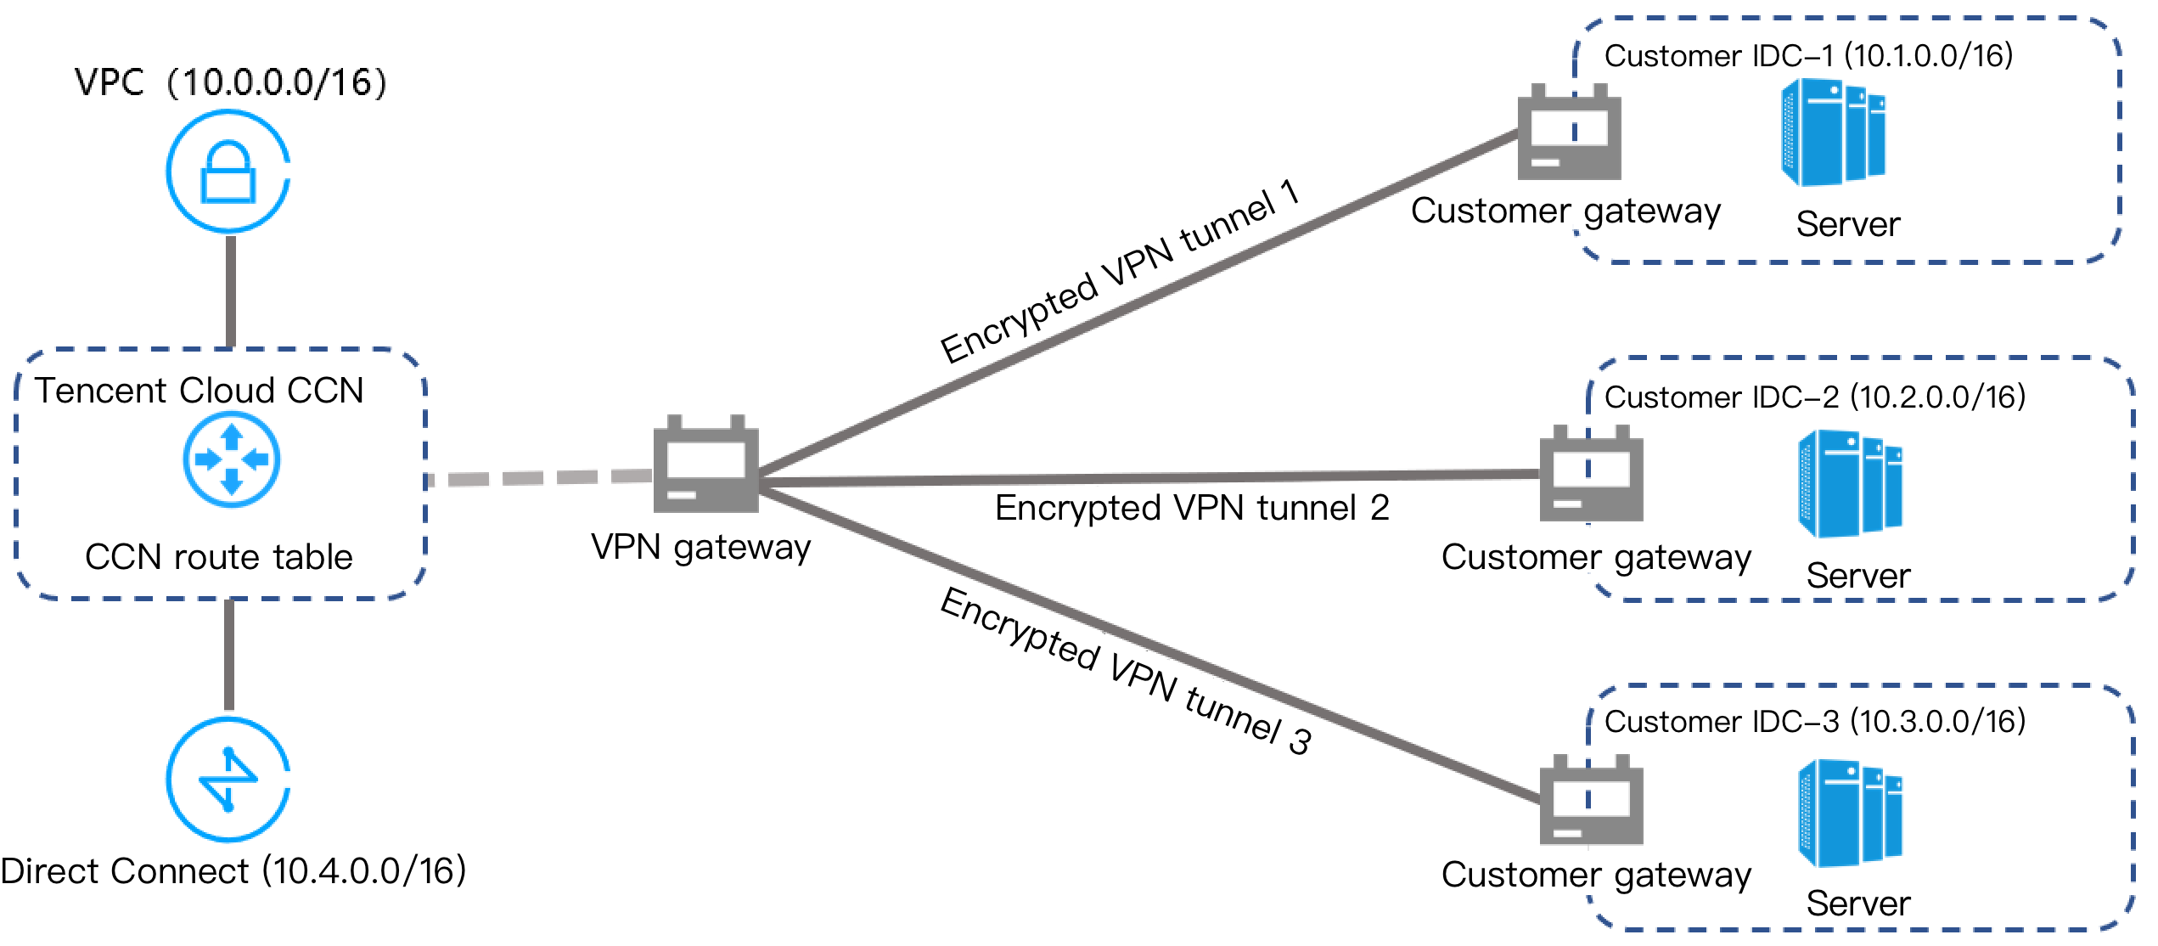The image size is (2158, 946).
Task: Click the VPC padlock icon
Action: [x=228, y=172]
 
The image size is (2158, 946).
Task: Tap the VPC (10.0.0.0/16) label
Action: [x=231, y=82]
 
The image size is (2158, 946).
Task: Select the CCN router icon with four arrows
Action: [x=231, y=459]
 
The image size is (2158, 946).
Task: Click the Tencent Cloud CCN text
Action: [x=200, y=391]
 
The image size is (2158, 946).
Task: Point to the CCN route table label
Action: [x=219, y=557]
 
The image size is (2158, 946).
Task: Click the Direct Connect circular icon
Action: [x=228, y=780]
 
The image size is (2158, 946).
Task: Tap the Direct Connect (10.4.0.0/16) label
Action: [x=233, y=871]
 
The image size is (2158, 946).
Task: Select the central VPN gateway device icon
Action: [x=705, y=464]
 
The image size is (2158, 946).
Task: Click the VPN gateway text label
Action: [x=701, y=548]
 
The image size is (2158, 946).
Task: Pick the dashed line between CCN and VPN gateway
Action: [x=539, y=478]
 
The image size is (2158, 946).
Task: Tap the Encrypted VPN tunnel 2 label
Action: [x=1192, y=508]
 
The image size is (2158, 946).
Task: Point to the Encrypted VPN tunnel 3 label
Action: [x=1126, y=672]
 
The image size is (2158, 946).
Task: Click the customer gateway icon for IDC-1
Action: [x=1570, y=132]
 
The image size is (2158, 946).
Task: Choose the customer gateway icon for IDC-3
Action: [x=1592, y=798]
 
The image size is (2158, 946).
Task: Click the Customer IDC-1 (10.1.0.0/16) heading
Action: [x=1809, y=56]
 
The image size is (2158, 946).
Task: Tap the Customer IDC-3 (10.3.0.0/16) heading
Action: [x=1815, y=722]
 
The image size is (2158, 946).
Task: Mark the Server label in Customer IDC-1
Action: [x=1848, y=224]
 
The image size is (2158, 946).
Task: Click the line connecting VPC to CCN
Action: [x=230, y=291]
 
